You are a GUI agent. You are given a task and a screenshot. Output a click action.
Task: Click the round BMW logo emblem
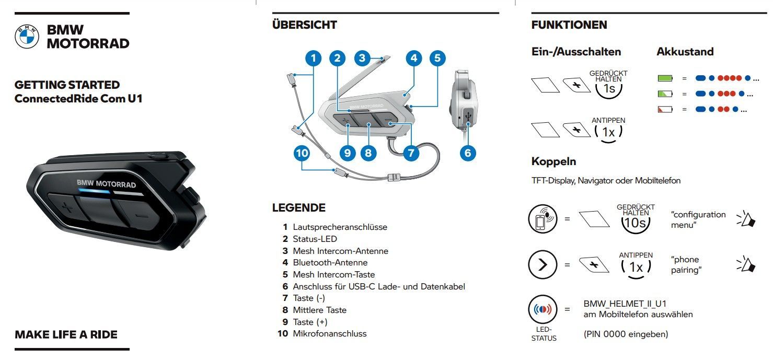tap(27, 37)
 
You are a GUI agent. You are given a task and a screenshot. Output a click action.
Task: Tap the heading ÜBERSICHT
tap(304, 25)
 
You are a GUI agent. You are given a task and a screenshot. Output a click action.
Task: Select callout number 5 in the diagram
tap(437, 58)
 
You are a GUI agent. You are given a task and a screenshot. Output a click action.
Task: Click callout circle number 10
tap(302, 153)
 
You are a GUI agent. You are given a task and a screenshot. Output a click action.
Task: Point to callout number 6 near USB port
tap(468, 153)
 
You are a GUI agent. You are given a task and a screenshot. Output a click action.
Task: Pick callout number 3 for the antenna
tap(362, 58)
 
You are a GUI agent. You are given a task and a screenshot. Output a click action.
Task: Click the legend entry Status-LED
tap(315, 239)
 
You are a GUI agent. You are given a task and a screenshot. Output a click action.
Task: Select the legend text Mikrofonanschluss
tap(330, 333)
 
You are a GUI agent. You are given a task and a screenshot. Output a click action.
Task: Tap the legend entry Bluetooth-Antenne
tap(330, 262)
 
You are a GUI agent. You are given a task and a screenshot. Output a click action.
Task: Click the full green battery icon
tap(665, 78)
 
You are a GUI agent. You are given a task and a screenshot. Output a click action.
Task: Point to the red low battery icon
tap(665, 110)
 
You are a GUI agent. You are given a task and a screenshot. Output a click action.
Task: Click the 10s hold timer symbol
tap(636, 223)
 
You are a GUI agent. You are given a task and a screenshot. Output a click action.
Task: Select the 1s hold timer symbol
tap(609, 89)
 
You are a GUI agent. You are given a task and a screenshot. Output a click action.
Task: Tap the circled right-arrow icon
tap(543, 264)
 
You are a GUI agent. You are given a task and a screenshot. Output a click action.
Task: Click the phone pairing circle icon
tap(543, 218)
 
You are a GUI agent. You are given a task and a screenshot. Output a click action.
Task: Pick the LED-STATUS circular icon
tap(543, 309)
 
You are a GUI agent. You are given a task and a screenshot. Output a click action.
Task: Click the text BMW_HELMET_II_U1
tap(625, 304)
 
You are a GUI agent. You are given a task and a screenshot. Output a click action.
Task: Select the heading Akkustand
tap(685, 52)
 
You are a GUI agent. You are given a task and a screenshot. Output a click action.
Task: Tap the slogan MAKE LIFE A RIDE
tap(66, 334)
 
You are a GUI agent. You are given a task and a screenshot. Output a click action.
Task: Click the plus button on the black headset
tap(65, 207)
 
